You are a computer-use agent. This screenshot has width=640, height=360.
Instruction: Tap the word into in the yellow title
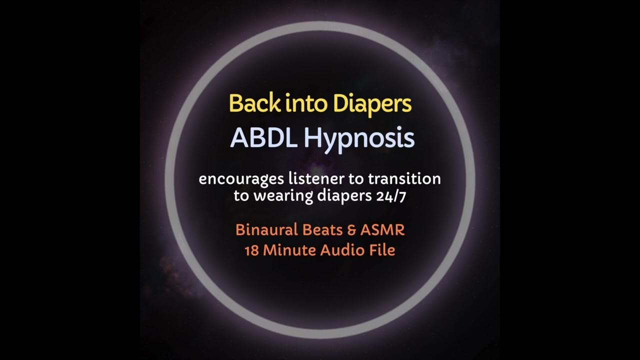point(301,103)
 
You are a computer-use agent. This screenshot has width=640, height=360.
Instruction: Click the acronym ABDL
point(263,138)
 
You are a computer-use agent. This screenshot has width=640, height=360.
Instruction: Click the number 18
point(250,249)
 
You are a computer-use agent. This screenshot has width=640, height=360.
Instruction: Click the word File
point(381,249)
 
